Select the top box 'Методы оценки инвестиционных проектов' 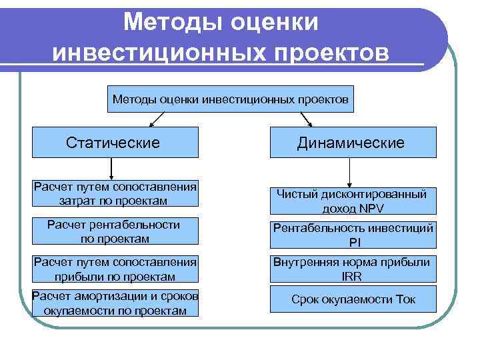(230, 99)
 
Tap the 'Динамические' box (353, 143)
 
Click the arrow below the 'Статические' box (111, 169)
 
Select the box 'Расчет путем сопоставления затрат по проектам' (115, 193)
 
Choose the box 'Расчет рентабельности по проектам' (115, 231)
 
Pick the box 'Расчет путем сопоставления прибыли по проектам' (115, 269)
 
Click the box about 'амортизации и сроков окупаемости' (115, 303)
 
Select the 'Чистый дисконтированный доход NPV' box (353, 201)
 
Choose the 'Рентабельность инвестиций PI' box (353, 235)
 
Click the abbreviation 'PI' (353, 242)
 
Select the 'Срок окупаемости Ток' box (353, 299)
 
